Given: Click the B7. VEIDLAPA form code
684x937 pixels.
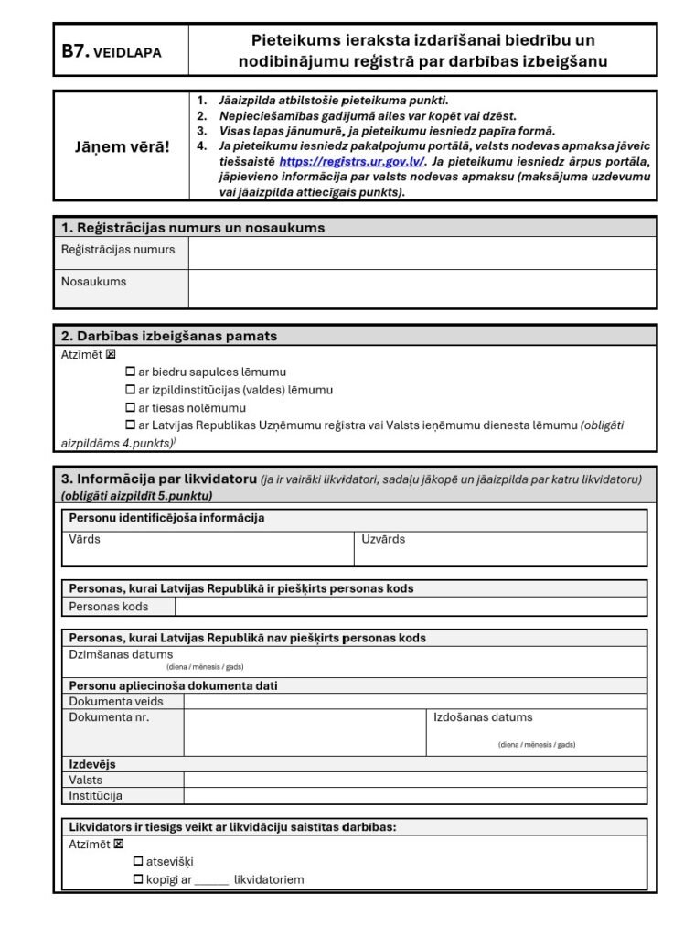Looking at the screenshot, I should click(x=112, y=52).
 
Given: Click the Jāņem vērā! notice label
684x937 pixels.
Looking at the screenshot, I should click(x=122, y=146).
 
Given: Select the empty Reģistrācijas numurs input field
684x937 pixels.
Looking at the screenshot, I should click(x=422, y=253).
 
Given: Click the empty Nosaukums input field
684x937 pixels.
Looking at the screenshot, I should click(x=422, y=288).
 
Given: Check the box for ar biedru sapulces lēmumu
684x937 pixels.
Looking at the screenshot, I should click(x=130, y=372).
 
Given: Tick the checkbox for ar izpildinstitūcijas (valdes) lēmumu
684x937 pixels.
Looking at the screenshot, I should click(x=130, y=390).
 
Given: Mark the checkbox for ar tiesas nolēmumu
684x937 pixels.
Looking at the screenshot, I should click(x=130, y=408).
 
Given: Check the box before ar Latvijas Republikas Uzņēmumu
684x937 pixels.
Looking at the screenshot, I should click(x=130, y=425).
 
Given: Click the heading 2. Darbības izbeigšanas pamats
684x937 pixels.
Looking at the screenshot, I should click(x=169, y=336).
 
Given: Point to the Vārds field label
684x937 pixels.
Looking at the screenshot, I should click(x=85, y=539).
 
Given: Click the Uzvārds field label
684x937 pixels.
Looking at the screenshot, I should click(x=383, y=539).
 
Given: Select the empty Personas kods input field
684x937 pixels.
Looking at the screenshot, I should click(x=411, y=607).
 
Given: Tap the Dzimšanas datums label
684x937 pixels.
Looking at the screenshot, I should click(x=121, y=654).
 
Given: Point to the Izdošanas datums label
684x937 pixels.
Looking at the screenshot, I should click(x=483, y=717).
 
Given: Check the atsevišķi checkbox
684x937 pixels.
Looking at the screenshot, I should click(x=138, y=861).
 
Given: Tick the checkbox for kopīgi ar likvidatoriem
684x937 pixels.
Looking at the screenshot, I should click(x=138, y=879).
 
